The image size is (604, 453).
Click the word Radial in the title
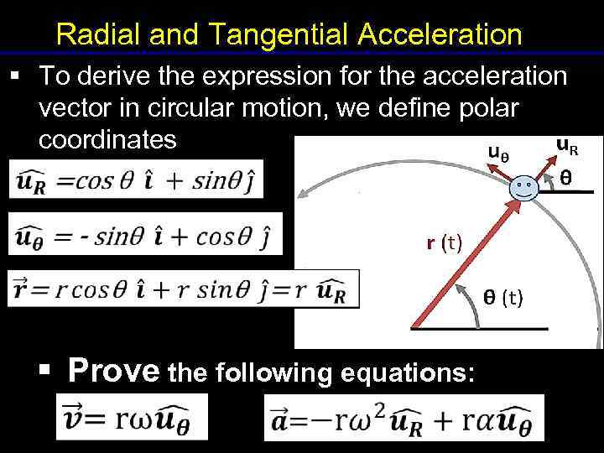pos(92,35)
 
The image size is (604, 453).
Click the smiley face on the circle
pos(525,186)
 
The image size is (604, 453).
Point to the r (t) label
pos(443,243)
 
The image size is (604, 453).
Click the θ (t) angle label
pos(502,296)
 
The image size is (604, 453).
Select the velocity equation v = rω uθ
pos(132,417)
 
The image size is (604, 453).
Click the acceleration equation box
pos(404,417)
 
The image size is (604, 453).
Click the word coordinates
pos(107,139)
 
